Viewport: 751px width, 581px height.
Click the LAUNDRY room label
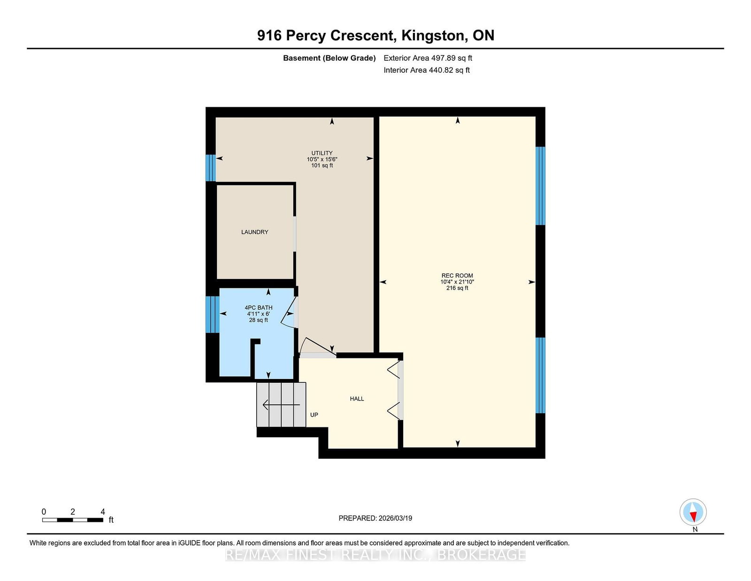pyautogui.click(x=255, y=232)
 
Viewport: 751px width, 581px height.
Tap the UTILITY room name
pyautogui.click(x=322, y=153)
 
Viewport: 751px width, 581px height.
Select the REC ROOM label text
pyautogui.click(x=457, y=276)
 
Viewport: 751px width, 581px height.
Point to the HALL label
pyautogui.click(x=357, y=399)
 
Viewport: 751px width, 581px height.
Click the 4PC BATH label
pyautogui.click(x=259, y=308)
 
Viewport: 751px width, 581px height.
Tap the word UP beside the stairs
pyautogui.click(x=314, y=415)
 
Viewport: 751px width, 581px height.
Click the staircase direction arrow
pyautogui.click(x=281, y=404)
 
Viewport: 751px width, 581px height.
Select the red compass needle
pyautogui.click(x=693, y=517)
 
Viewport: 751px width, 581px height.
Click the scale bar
pyautogui.click(x=73, y=520)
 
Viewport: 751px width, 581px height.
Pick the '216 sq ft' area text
pyautogui.click(x=457, y=288)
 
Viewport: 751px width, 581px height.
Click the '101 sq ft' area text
pyautogui.click(x=322, y=166)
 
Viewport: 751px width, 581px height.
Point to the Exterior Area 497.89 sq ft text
pyautogui.click(x=428, y=58)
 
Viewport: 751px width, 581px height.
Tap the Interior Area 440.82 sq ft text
pyautogui.click(x=427, y=70)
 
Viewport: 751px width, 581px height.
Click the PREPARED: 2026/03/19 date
pyautogui.click(x=375, y=518)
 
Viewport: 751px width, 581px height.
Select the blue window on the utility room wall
pyautogui.click(x=210, y=168)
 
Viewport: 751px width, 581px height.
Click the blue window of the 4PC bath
pyautogui.click(x=212, y=314)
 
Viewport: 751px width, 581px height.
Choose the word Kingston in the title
pyautogui.click(x=432, y=36)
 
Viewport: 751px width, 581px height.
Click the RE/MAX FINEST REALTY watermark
pyautogui.click(x=375, y=555)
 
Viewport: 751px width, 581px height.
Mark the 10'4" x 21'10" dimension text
pyautogui.click(x=457, y=282)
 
